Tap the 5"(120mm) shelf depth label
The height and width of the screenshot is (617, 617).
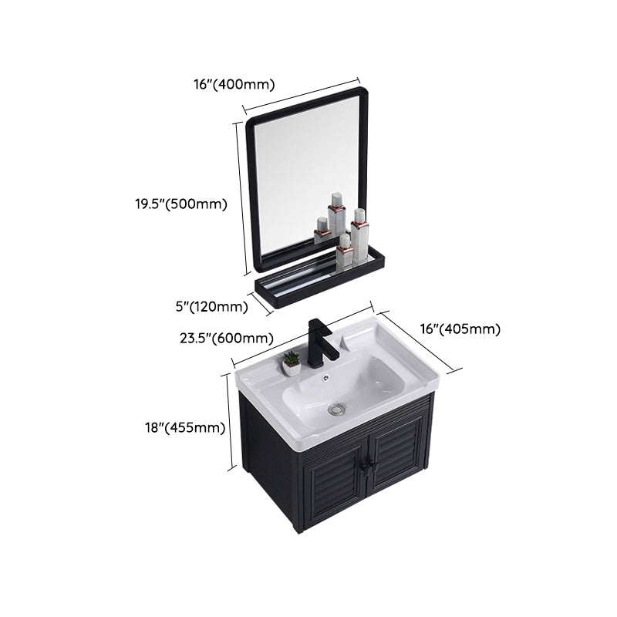click(211, 306)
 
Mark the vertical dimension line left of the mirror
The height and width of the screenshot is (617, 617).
click(241, 198)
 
